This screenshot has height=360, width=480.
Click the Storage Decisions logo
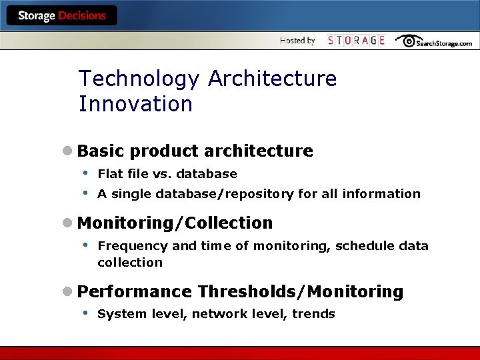click(x=61, y=16)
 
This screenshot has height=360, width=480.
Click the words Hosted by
click(x=297, y=41)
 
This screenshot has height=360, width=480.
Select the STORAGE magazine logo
click(x=356, y=41)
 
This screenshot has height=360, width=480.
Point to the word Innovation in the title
click(x=135, y=104)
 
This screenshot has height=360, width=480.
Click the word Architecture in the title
click(x=272, y=79)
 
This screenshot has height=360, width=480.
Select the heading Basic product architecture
click(x=195, y=151)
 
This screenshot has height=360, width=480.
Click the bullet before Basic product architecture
click(x=67, y=151)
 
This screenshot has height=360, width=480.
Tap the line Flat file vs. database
click(x=167, y=174)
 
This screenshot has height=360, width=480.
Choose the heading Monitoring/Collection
click(x=175, y=223)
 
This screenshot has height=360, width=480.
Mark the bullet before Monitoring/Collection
click(x=67, y=223)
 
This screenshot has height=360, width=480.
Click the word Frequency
click(x=133, y=246)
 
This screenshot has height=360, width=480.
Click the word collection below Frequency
click(x=130, y=263)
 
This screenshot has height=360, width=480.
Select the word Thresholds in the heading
click(x=247, y=292)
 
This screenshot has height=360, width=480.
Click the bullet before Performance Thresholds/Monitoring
click(x=67, y=292)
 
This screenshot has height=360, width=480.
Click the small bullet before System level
click(x=85, y=313)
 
